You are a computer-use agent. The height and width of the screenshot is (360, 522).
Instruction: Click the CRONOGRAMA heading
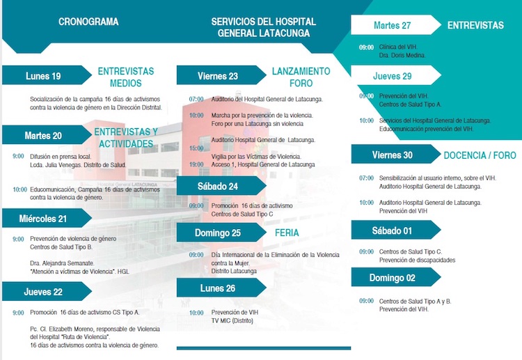(88, 22)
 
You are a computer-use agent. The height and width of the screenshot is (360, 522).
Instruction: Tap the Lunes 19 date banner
(43, 76)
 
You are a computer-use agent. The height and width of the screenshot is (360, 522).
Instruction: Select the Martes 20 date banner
(43, 135)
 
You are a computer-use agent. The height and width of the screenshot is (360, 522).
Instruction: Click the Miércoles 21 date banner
(43, 218)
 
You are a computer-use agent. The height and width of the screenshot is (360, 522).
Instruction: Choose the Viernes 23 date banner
(218, 76)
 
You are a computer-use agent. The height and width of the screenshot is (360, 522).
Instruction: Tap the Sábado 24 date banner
(218, 186)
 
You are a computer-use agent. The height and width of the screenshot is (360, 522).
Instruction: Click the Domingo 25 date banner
(217, 233)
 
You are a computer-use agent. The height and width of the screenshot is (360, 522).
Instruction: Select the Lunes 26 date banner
(218, 288)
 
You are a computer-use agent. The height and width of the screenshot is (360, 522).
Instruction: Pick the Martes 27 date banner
(392, 25)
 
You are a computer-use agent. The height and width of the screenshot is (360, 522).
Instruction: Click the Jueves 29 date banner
(392, 76)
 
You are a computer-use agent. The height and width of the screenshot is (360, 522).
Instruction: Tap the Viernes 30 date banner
(392, 155)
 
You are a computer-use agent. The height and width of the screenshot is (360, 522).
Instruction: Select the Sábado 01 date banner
(392, 230)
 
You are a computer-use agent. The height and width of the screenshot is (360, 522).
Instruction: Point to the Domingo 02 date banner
(391, 278)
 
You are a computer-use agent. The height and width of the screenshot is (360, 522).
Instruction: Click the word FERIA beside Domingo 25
(287, 233)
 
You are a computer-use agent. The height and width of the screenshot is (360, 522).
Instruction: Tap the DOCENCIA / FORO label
(480, 155)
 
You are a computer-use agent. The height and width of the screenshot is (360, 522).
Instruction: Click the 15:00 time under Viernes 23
(196, 148)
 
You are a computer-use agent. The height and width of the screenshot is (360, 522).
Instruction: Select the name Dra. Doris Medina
(402, 55)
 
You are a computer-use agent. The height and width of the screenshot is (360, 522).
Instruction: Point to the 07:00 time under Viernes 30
(366, 178)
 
